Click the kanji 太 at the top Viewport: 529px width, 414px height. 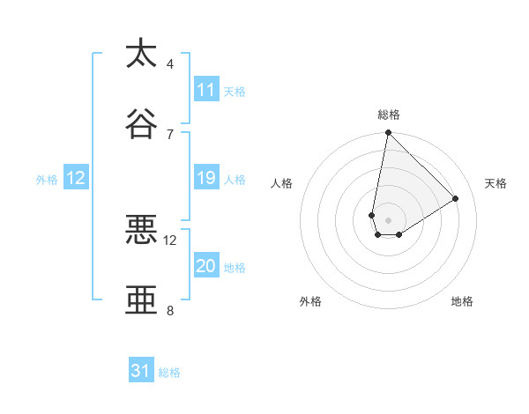[141, 54]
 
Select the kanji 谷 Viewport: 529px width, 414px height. [141, 124]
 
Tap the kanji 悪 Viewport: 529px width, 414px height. [141, 230]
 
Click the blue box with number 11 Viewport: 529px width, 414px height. [206, 90]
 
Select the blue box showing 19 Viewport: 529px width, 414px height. [206, 178]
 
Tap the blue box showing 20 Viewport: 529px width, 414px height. [206, 266]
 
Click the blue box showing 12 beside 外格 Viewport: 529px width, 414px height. [76, 178]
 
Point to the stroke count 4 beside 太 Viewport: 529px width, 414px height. [170, 64]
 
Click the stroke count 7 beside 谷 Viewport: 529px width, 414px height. [170, 134]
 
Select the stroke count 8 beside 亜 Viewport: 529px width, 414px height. [170, 310]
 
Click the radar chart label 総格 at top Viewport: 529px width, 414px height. [389, 115]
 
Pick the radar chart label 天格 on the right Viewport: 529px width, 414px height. [495, 183]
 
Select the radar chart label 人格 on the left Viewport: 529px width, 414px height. [282, 183]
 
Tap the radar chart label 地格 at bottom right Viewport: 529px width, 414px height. [462, 301]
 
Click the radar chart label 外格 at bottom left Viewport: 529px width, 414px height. [310, 301]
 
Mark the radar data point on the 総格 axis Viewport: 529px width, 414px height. [388, 133]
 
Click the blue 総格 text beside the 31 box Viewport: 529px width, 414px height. [169, 373]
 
